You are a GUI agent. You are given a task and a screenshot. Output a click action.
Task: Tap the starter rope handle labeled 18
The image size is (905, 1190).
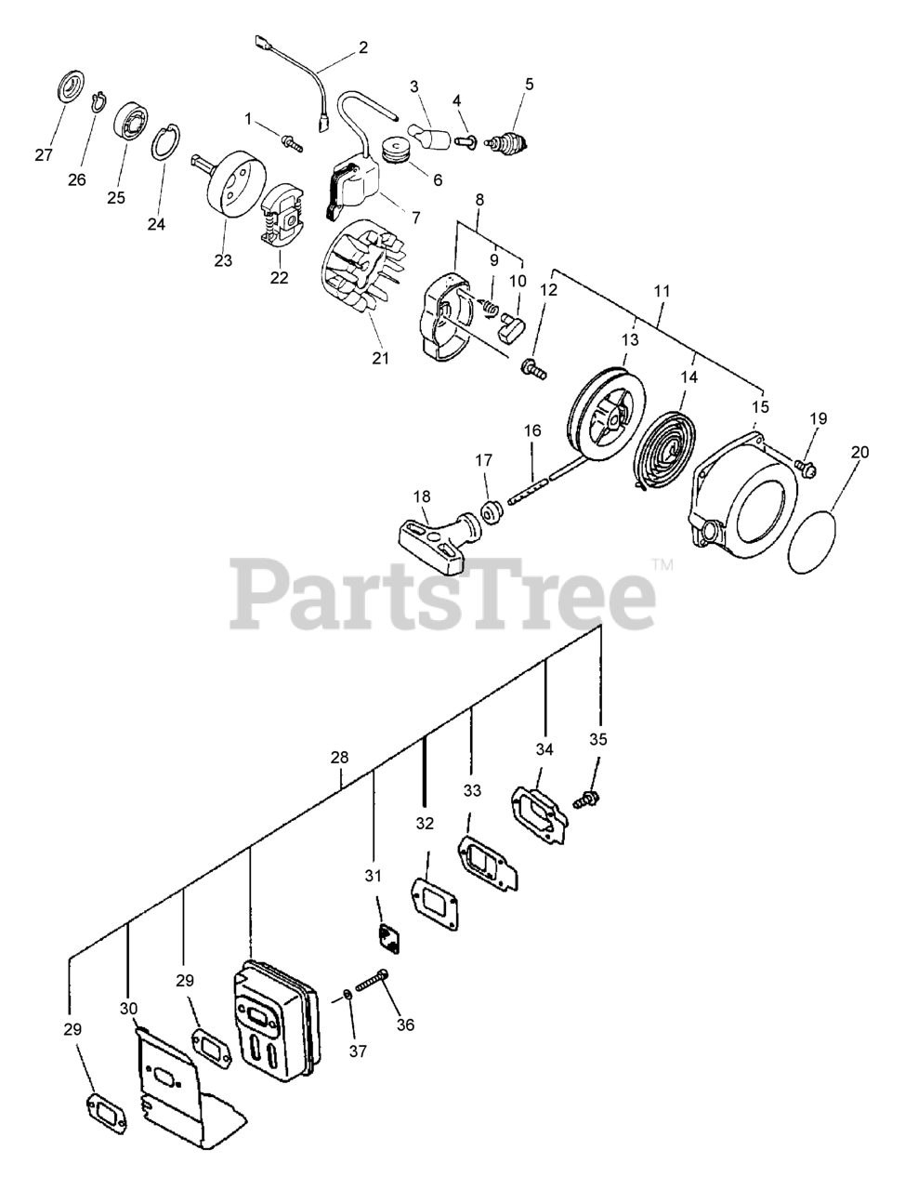(x=435, y=540)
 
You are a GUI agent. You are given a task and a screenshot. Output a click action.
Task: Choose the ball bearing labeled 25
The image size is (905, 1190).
(x=132, y=125)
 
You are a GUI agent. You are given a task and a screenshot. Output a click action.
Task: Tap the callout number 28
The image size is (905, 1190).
(x=339, y=757)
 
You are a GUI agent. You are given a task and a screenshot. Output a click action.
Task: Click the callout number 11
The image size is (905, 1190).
(x=661, y=291)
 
